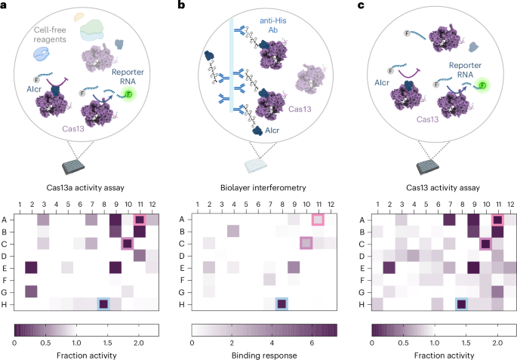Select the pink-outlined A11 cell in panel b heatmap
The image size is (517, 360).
(x=318, y=220)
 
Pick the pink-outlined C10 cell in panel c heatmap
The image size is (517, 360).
(x=485, y=244)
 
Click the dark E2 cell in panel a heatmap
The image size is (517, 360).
(x=31, y=268)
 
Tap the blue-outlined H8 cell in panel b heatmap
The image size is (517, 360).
(x=282, y=304)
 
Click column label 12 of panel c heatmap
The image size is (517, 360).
(x=509, y=205)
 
